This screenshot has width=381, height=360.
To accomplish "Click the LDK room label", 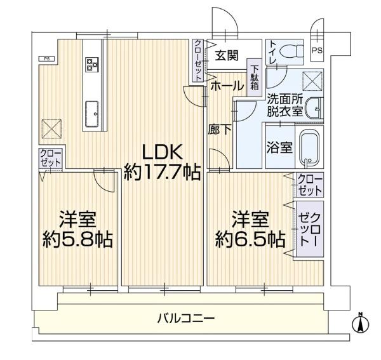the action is pos(162,152).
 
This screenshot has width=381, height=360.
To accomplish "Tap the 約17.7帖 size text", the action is pos(162,173).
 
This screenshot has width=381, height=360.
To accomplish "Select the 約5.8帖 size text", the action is pos(77,240).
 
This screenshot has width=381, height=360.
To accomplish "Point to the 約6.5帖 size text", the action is pos(250,239).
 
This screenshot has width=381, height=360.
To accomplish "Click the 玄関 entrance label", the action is pos(227,56).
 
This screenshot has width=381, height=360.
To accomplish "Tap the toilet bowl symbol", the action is pos(291,51).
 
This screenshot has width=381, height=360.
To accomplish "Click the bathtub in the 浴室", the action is pos(309,148).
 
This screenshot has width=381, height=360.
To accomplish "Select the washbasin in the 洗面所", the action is pos(314,109).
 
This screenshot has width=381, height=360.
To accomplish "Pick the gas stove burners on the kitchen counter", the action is pos(92,64).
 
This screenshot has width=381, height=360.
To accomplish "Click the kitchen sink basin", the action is pos(92,114).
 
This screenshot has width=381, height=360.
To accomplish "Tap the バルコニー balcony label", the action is pos(185,318).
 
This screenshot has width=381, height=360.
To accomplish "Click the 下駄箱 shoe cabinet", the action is pos(255,77).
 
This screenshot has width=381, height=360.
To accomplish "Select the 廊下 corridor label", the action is pos(220,130).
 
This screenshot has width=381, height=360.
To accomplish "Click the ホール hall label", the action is pos(227,86).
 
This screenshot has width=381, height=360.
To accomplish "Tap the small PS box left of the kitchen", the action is pos(46,58).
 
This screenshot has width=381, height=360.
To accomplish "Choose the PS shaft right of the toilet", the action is pos(317,51).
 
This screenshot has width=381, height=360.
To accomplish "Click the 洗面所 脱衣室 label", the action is pos(285,105).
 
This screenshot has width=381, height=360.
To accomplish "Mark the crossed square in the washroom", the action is pos(312,81).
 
